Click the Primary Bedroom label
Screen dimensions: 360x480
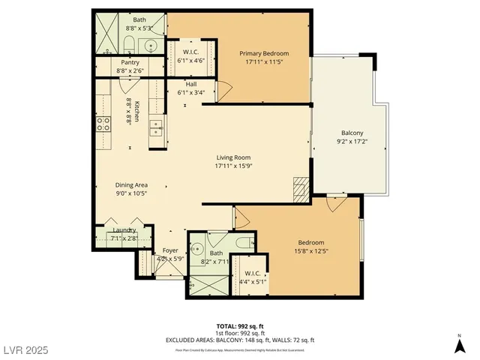click(264, 53)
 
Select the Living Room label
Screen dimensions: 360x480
click(232, 157)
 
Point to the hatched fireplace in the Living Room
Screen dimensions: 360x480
click(300, 188)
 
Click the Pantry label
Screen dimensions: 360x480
click(130, 62)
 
